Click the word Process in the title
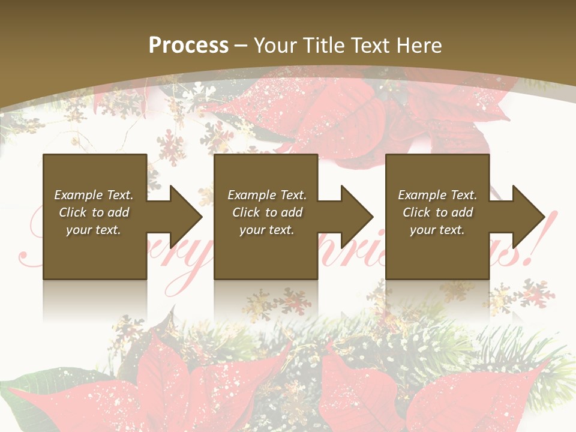tap(188, 46)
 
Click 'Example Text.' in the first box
tap(94, 195)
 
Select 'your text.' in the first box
tap(94, 230)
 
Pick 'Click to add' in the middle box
tap(268, 212)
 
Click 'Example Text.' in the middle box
tap(268, 195)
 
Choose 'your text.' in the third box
tap(437, 230)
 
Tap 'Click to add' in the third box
tap(437, 212)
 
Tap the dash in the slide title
tap(241, 46)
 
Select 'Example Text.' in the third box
tap(437, 195)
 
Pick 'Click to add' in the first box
tap(94, 212)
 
